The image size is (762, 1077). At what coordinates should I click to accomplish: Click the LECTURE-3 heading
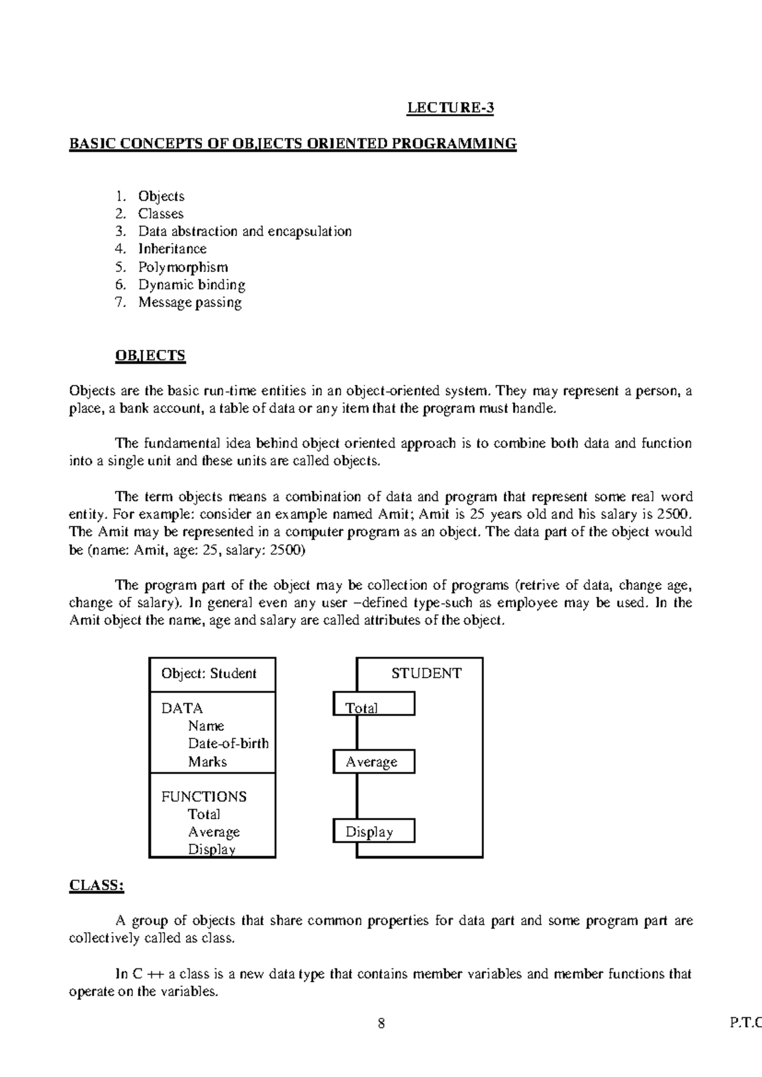[x=450, y=108]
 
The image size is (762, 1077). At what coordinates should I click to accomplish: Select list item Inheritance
[x=172, y=249]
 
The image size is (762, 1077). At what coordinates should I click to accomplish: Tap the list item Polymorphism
[x=183, y=267]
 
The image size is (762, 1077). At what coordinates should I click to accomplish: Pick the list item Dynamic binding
[x=192, y=284]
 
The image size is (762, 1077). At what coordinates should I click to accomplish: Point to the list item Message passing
[x=190, y=302]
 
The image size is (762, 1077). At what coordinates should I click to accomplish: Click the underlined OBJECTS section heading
[x=150, y=355]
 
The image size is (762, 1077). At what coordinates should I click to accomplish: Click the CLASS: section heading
[x=96, y=885]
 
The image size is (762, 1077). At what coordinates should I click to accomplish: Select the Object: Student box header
[x=209, y=673]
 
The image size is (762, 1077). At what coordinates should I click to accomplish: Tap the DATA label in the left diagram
[x=182, y=708]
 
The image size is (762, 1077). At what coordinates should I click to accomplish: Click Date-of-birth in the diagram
[x=228, y=743]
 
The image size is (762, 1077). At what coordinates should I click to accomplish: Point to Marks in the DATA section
[x=207, y=761]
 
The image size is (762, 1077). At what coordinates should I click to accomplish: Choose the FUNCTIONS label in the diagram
[x=204, y=796]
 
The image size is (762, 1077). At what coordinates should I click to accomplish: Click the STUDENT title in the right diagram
[x=426, y=673]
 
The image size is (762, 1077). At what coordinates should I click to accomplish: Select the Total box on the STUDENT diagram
[x=373, y=704]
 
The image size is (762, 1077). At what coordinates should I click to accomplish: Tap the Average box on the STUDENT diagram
[x=373, y=761]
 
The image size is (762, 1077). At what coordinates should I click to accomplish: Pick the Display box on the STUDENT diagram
[x=373, y=831]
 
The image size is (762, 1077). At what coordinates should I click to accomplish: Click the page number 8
[x=381, y=1024]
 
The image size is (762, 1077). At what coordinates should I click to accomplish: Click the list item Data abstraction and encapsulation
[x=244, y=231]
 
